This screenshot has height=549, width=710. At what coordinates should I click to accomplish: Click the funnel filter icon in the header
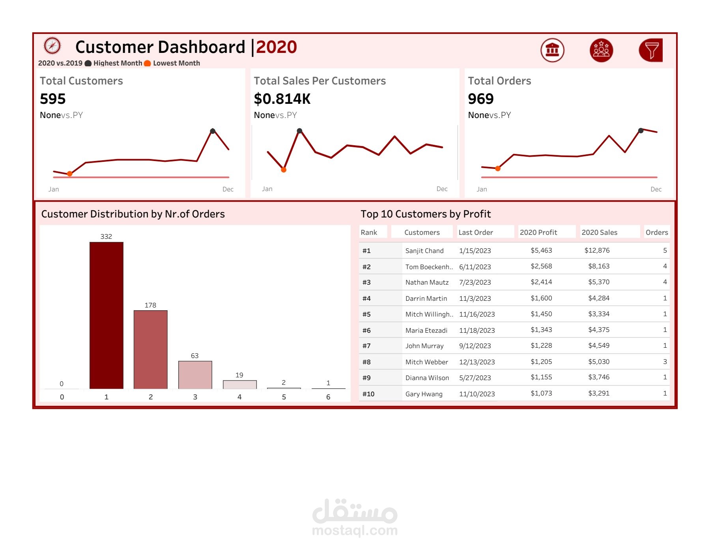[651, 50]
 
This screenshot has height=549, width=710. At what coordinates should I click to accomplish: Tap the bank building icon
[552, 50]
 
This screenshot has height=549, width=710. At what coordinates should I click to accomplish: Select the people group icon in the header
[601, 50]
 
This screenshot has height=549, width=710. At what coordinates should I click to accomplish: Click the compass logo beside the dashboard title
[52, 46]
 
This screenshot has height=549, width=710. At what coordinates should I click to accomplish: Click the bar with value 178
[150, 349]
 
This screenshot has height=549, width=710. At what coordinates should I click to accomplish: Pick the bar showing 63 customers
[195, 375]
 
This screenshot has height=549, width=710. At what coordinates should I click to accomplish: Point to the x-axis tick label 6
[328, 397]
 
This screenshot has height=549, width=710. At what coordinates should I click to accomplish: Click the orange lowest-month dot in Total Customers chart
[69, 174]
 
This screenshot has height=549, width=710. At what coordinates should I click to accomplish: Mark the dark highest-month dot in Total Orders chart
[641, 131]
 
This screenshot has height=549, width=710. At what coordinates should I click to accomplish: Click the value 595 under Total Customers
[53, 99]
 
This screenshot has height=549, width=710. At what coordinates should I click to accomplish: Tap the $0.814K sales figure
[282, 99]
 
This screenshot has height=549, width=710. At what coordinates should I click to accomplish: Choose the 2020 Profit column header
[538, 232]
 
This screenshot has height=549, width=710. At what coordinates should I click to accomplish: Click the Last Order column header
[476, 232]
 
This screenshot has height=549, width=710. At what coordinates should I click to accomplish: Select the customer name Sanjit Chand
[424, 251]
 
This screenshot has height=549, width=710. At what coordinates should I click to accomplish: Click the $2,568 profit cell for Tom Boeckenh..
[541, 266]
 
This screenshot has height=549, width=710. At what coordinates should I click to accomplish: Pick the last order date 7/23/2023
[475, 282]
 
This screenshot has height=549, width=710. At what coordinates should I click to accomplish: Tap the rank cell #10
[368, 394]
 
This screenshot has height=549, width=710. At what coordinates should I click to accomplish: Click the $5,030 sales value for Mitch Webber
[599, 362]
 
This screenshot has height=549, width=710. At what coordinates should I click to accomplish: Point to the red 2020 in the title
[277, 47]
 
